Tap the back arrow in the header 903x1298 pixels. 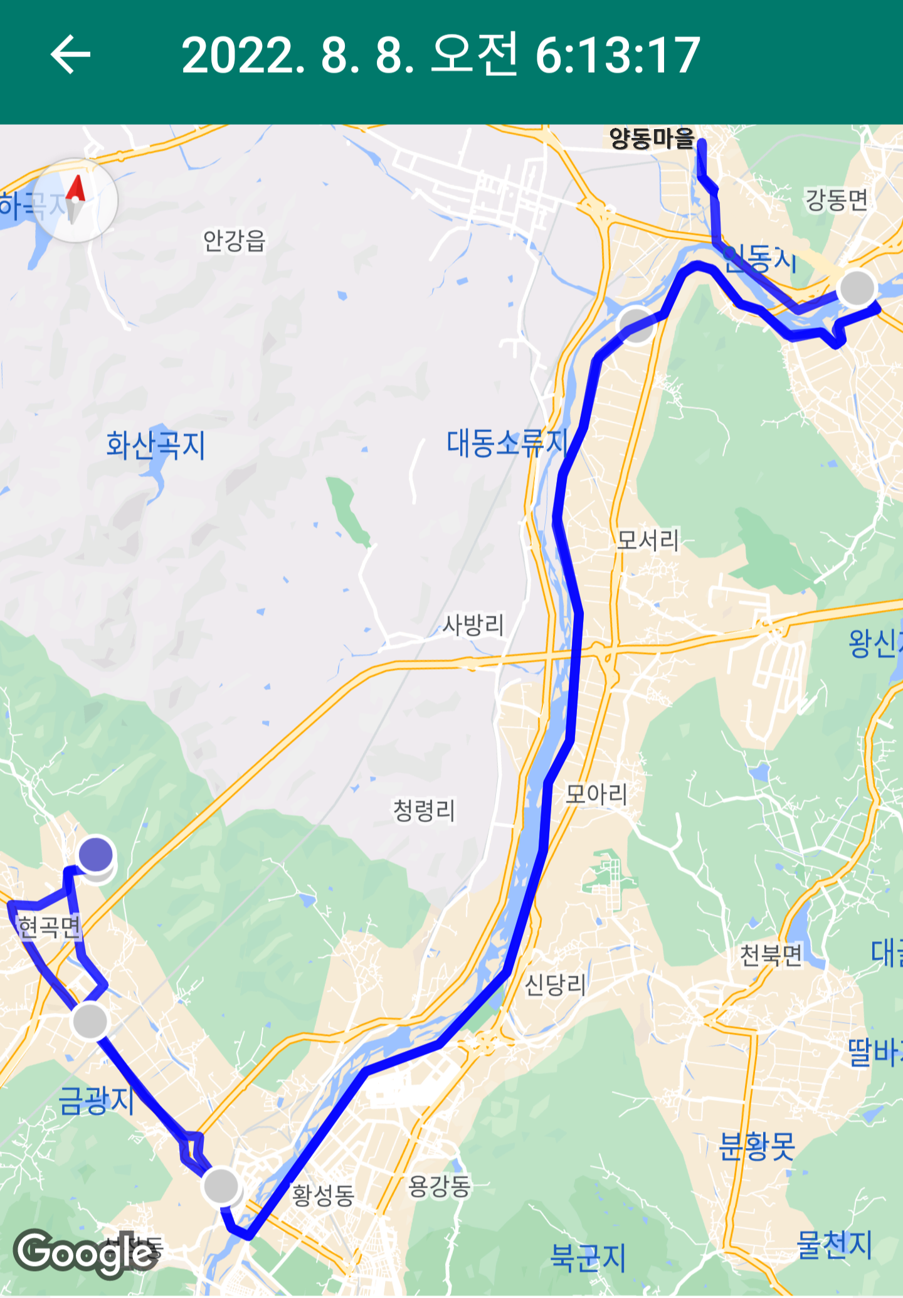point(70,55)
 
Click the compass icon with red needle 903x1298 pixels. point(75,200)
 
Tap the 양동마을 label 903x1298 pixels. point(652,139)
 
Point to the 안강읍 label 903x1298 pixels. point(235,240)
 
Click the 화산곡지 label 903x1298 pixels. point(156,445)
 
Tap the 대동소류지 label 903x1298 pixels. point(507,443)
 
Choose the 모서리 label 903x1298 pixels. point(648,540)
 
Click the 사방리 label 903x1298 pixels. point(473,625)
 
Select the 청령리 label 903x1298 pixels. point(424,810)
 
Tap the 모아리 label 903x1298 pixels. point(596,794)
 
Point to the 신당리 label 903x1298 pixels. point(556,985)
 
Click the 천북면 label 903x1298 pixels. point(771,956)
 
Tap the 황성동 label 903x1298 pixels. point(324,1195)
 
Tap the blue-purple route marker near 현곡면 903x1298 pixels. point(96,854)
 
